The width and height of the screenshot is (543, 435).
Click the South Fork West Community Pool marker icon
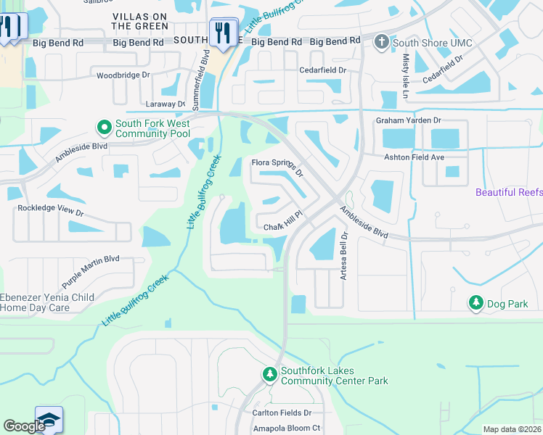[x=104, y=128]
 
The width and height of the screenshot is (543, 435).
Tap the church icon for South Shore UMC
[x=381, y=43]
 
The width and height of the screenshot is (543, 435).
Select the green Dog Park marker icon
[x=475, y=304]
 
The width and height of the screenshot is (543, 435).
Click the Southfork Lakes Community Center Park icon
[x=269, y=375]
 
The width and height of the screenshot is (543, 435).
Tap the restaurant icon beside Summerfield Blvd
[x=222, y=32]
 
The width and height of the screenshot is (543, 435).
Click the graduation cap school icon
[x=49, y=420]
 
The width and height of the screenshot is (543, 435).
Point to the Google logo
[x=24, y=426]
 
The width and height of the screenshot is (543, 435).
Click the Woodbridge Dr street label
[x=123, y=75]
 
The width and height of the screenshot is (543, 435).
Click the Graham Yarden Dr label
[x=408, y=120]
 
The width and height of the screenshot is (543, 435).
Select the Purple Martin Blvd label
[x=90, y=270]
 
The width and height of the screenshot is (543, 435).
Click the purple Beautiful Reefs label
[x=509, y=192]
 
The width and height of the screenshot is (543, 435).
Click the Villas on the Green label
[x=140, y=20]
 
